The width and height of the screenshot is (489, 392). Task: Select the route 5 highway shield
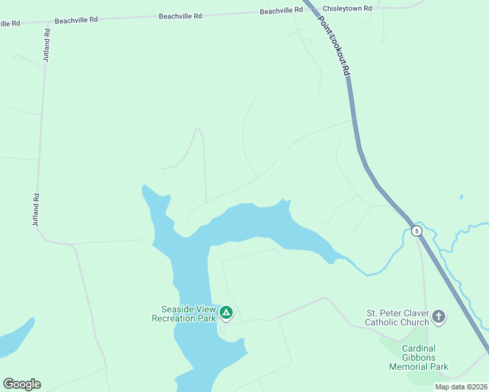[x=416, y=231]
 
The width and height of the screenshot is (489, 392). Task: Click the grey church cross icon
[x=439, y=318]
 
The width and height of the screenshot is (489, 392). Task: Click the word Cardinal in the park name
[x=418, y=348]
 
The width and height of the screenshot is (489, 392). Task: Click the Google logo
[x=22, y=384]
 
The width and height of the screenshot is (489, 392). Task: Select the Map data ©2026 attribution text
[x=460, y=387]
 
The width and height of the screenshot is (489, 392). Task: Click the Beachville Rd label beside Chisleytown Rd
[x=281, y=10]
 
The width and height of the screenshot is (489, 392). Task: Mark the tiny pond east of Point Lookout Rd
[x=462, y=197]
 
